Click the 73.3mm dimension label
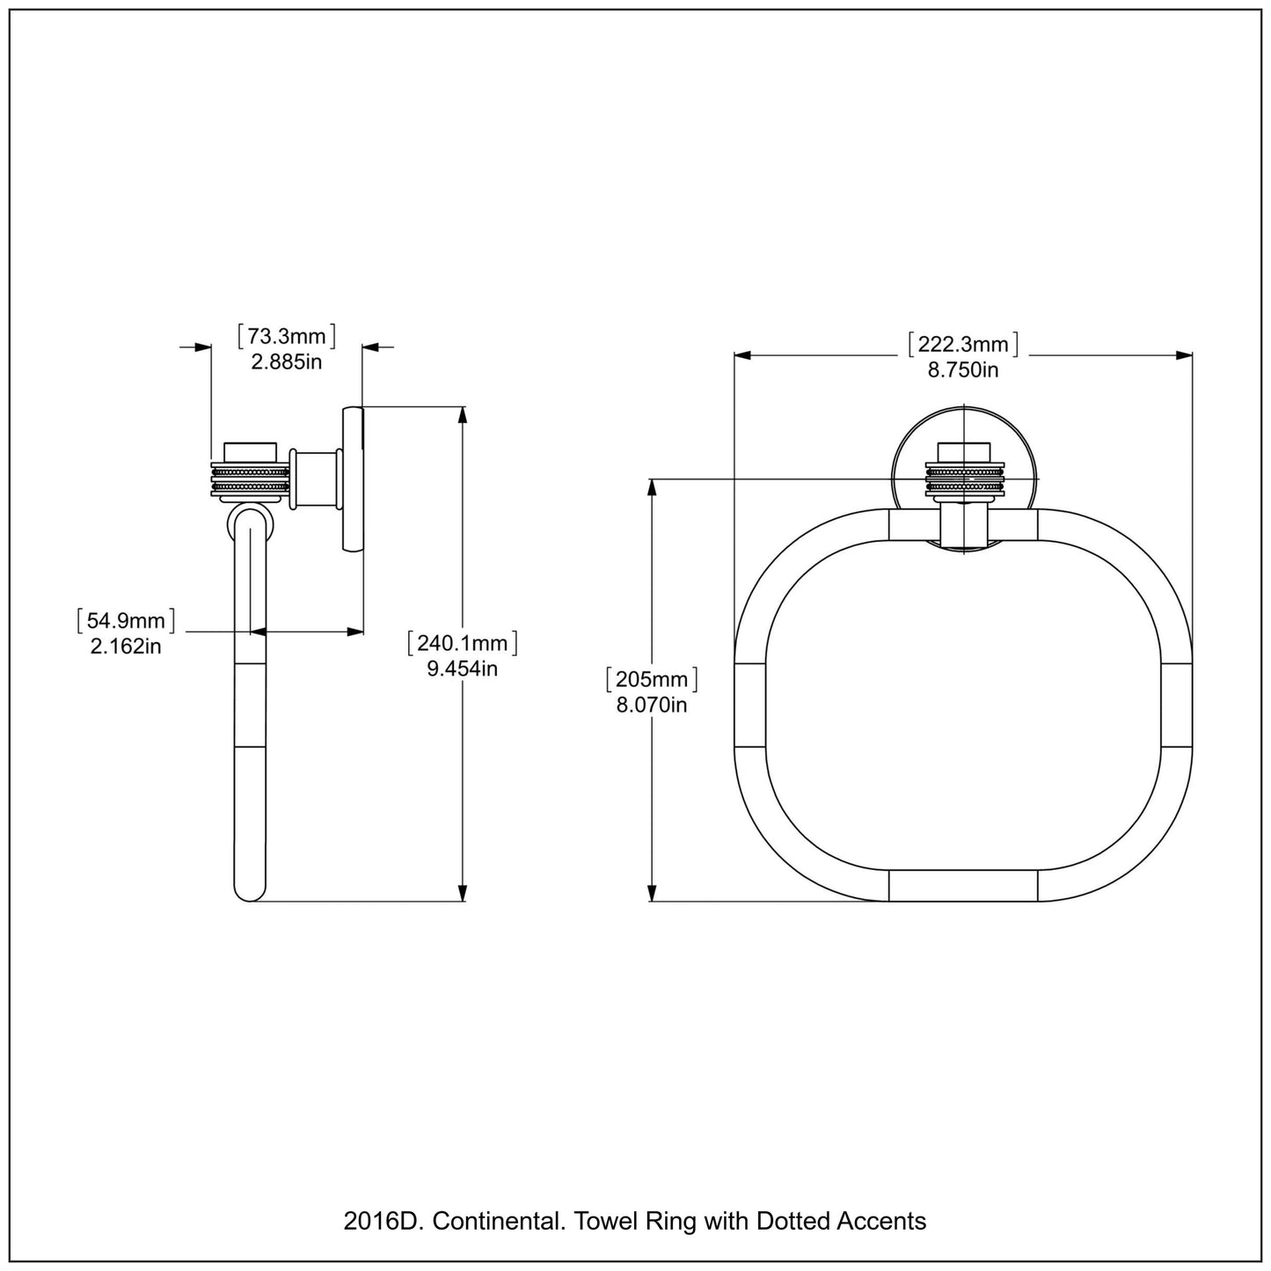[287, 336]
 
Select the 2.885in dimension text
[287, 362]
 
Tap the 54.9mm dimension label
[126, 621]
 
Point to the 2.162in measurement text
[126, 646]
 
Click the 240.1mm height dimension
[463, 643]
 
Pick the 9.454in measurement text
[463, 668]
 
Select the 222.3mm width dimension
[963, 344]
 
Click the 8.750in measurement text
[963, 369]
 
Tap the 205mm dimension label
[652, 679]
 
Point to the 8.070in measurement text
[652, 705]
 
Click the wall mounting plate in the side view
[352, 479]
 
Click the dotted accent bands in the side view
[250, 478]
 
